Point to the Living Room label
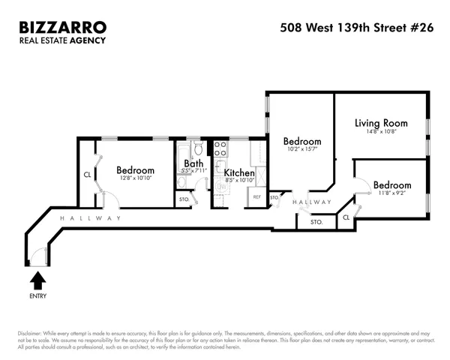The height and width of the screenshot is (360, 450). click(381, 123)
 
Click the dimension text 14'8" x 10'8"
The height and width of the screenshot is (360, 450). click(381, 133)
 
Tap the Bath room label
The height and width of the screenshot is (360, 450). click(193, 163)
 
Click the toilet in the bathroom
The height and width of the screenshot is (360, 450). click(198, 148)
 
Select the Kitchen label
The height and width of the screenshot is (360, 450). click(239, 172)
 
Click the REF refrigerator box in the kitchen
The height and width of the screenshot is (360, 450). click(256, 197)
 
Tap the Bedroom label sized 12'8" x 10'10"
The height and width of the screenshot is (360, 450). click(136, 170)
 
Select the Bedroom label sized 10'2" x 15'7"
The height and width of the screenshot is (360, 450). click(302, 141)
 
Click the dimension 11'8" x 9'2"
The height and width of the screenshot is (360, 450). click(392, 194)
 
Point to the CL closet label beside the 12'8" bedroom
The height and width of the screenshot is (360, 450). click(87, 176)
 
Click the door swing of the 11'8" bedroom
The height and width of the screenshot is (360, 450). click(360, 187)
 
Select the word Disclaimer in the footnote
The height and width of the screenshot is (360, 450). click(29, 334)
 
